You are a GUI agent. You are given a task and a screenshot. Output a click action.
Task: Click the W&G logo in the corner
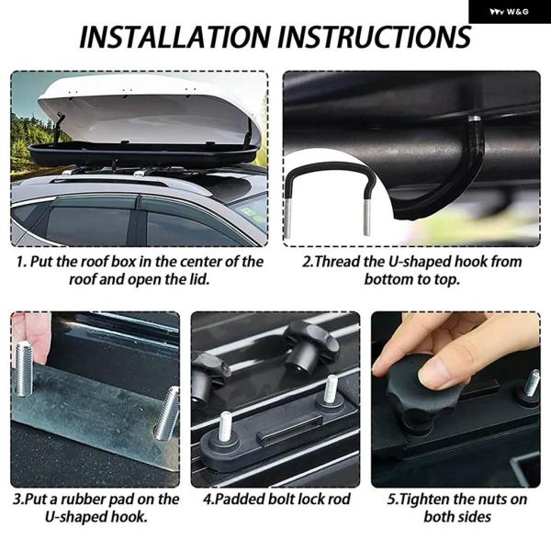[509, 12]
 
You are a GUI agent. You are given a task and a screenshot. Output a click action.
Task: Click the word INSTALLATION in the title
[174, 37]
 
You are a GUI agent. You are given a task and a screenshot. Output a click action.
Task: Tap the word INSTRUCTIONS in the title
[375, 37]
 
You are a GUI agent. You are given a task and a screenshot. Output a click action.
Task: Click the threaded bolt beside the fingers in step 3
[24, 368]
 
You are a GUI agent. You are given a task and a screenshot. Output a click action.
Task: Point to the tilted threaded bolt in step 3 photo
[166, 413]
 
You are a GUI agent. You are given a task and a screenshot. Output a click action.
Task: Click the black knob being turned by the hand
[415, 394]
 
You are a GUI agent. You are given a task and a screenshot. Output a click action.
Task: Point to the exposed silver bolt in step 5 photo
[531, 383]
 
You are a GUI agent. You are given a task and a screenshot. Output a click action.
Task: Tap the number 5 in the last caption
[392, 500]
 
